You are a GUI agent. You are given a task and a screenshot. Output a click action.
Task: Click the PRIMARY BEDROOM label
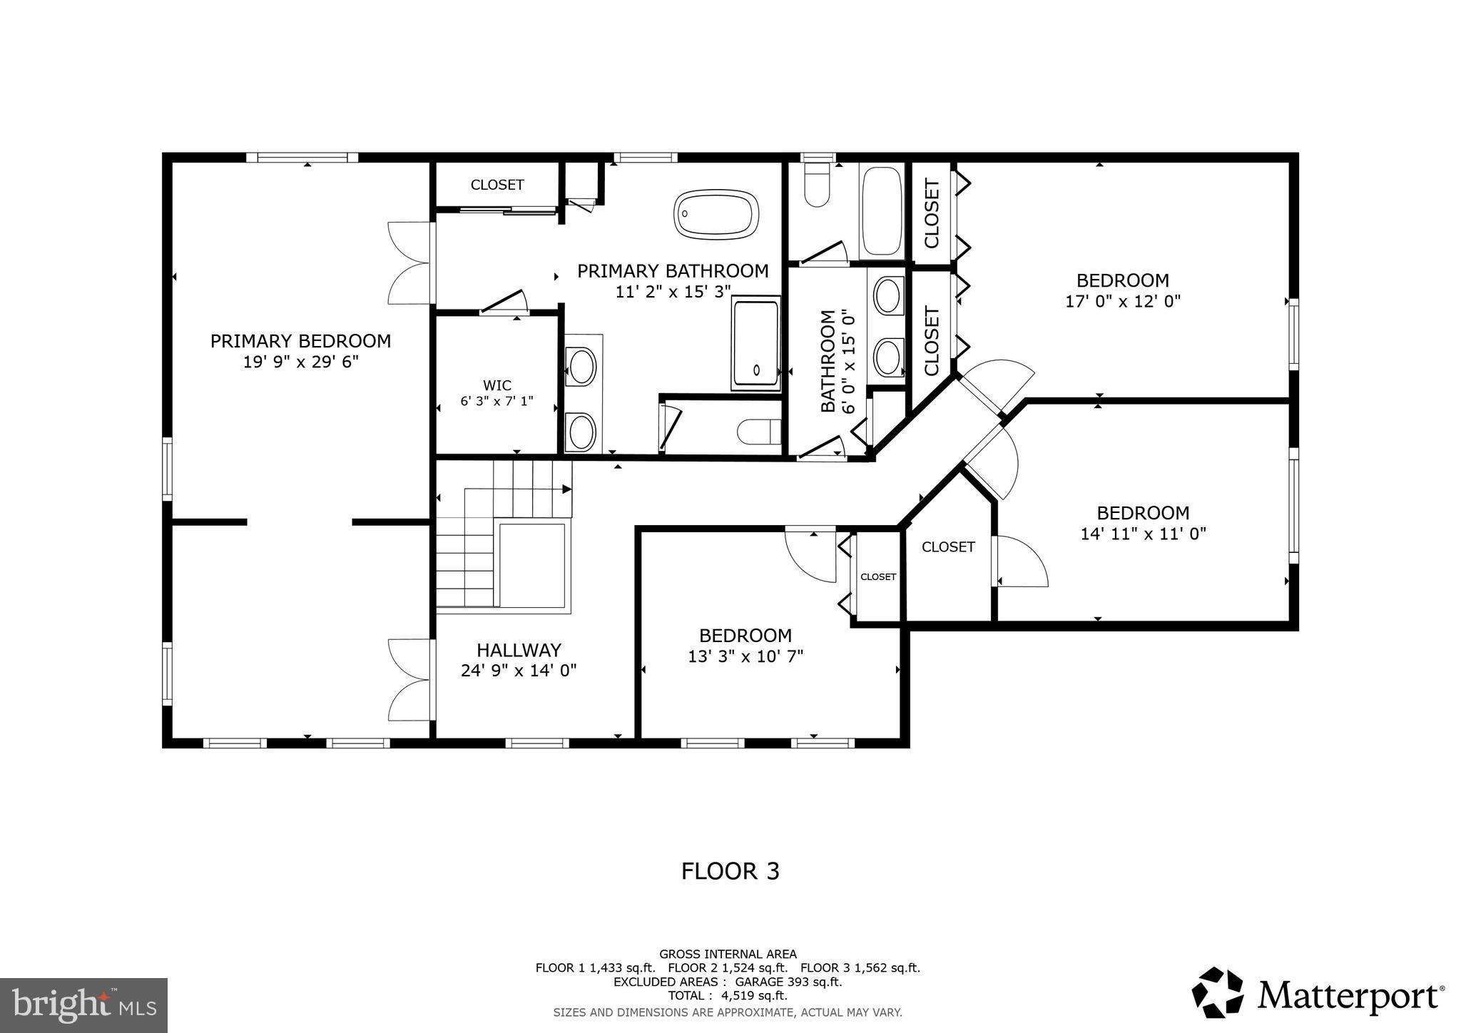point(300,341)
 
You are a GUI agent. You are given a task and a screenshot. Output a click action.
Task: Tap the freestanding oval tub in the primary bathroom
point(716,214)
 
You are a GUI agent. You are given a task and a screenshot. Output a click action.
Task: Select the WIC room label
point(497,386)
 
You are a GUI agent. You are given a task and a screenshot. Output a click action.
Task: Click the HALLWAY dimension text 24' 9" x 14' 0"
point(519,671)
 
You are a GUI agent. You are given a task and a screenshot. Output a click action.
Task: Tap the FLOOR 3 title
point(730,871)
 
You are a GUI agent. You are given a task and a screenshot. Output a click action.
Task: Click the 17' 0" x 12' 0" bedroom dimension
point(1123,301)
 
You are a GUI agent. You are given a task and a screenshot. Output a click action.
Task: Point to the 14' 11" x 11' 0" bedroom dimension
point(1143,534)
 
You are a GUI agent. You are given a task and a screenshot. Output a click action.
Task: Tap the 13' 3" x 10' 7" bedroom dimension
point(745,656)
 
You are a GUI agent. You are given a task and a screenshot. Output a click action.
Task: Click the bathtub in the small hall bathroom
point(882,210)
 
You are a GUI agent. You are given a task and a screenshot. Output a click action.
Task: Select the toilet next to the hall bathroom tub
point(816,185)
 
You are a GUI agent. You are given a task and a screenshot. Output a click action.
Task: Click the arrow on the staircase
point(566,489)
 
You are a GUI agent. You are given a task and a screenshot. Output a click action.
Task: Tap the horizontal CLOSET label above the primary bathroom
point(497,185)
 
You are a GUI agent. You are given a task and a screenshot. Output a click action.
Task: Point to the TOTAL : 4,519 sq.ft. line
point(727,995)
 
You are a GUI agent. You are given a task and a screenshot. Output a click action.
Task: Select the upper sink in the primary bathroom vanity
point(581,367)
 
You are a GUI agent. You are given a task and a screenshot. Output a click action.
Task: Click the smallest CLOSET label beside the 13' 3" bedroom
point(877,576)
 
